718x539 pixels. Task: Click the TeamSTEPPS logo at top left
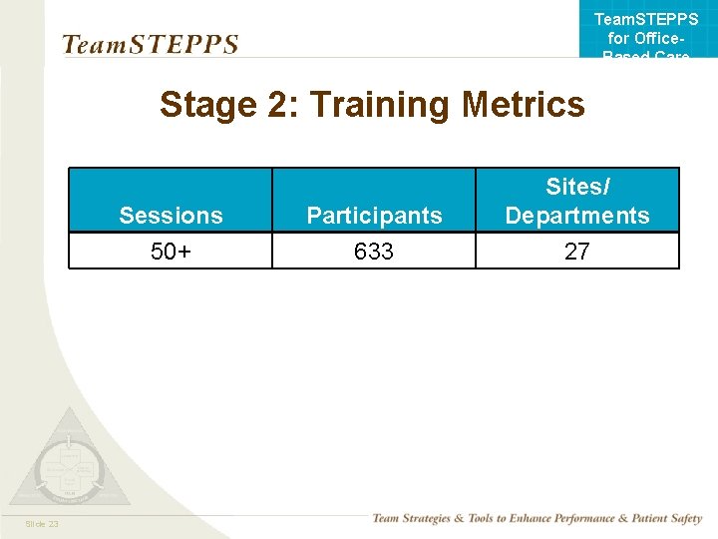[x=150, y=45]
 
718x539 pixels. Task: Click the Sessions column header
[x=171, y=216]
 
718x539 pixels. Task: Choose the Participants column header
[x=374, y=216]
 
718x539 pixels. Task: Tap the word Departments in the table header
[x=577, y=216]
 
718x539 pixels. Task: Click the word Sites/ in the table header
[x=577, y=187]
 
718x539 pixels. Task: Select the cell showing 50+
[x=171, y=252]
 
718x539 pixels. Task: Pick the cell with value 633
[x=374, y=252]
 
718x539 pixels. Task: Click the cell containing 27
[x=577, y=252]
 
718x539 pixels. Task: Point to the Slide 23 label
[x=43, y=524]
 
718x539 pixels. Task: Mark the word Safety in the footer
[x=686, y=518]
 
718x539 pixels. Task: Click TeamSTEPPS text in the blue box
[x=646, y=20]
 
